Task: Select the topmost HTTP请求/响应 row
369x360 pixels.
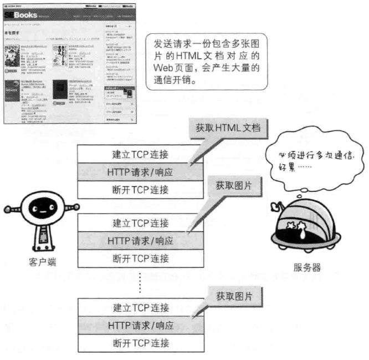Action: [140, 172]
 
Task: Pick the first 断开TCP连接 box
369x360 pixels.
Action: [140, 189]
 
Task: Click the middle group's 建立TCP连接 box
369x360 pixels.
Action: [140, 223]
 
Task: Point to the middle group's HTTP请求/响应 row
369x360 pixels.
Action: [140, 241]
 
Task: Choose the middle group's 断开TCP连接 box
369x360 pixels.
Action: [140, 258]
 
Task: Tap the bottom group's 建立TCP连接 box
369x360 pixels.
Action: [140, 307]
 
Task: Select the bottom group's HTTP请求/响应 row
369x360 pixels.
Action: [140, 325]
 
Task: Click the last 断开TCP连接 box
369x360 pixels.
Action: [140, 342]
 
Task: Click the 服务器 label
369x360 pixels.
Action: [307, 267]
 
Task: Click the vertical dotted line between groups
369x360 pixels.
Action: [140, 282]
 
